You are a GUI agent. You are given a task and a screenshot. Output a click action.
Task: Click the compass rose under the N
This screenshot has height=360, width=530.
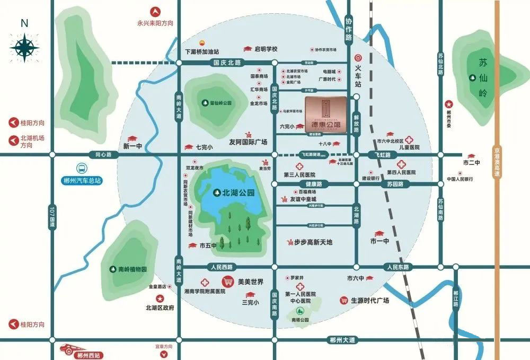24,47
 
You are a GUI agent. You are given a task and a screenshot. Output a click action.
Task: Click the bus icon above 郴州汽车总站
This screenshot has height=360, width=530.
82,168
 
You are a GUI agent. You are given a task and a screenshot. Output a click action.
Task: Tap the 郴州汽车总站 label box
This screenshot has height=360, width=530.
81,180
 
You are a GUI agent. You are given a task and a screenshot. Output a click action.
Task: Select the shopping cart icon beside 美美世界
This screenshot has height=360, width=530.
228,282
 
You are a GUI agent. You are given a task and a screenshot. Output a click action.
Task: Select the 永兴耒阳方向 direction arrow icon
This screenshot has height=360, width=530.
156,11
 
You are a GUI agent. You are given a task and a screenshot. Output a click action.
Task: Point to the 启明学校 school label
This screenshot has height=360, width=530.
266,49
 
